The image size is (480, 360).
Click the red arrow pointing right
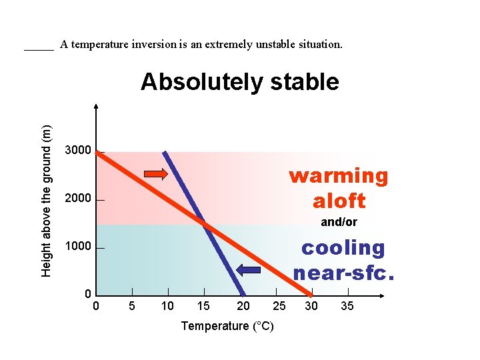pos(157,175)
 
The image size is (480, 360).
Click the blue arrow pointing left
pos(250,270)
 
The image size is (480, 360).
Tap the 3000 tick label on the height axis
pos(78,151)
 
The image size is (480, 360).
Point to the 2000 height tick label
pos(78,199)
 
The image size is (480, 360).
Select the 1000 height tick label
pos(78,247)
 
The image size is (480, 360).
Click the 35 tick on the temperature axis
pos(347,306)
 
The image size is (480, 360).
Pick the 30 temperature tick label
pos(311,306)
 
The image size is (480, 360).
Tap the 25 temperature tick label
pos(279,306)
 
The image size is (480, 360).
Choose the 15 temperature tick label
pos(203,306)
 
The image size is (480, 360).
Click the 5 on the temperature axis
pos(132,306)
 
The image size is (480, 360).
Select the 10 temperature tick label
pos(167,306)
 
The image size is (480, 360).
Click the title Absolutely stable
pos(240,82)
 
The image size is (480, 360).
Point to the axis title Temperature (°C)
pos(227,326)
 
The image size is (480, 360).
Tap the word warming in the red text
pos(338,176)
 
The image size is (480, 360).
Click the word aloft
pos(339,201)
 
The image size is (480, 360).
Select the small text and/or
pos(339,222)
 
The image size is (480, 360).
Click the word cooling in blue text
pos(343,247)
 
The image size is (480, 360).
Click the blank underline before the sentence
pos(39,48)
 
